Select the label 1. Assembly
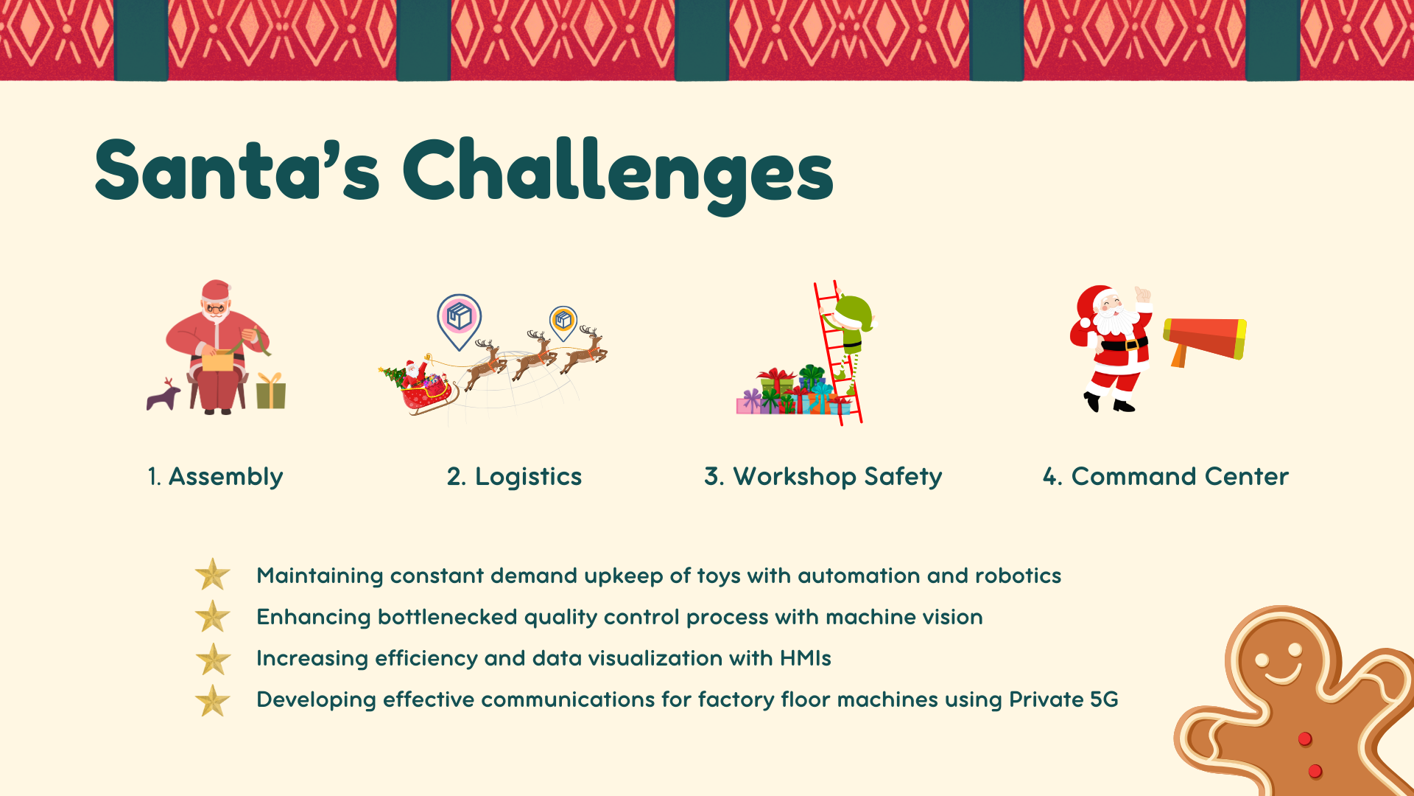tap(215, 477)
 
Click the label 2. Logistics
tap(514, 477)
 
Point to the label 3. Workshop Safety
tap(823, 477)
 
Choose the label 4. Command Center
tap(1165, 476)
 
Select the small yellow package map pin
tap(563, 323)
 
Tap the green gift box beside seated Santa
tap(271, 391)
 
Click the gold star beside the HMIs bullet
tap(213, 659)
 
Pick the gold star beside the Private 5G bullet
tap(213, 700)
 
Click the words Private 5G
tap(1063, 699)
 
